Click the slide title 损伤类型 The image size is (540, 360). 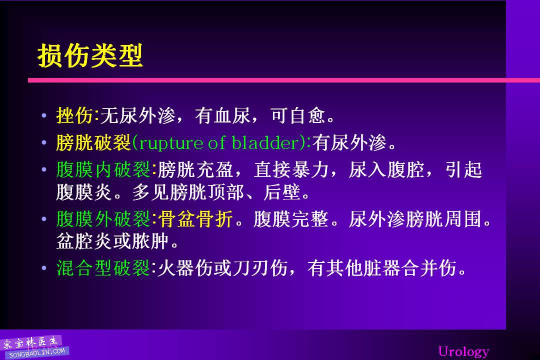click(x=90, y=55)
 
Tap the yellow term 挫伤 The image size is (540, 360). click(x=74, y=115)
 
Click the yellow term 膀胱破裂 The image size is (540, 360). click(x=93, y=143)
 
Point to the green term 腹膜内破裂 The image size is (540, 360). click(x=103, y=169)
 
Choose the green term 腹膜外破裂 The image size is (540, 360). click(x=103, y=219)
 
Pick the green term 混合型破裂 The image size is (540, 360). click(x=103, y=268)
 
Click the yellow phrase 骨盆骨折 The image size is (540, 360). click(x=195, y=219)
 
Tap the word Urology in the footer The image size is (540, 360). click(x=463, y=351)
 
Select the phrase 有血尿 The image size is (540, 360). click(x=222, y=115)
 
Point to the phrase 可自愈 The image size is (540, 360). click(x=298, y=115)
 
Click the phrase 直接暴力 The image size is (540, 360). click(x=291, y=169)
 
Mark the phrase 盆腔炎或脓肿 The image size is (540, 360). click(x=112, y=241)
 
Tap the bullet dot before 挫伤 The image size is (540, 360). click(x=43, y=116)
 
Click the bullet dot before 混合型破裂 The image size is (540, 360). click(x=43, y=268)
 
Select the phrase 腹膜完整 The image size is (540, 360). click(x=291, y=219)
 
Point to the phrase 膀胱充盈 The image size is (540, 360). click(x=195, y=169)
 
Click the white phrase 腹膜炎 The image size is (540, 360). click(x=84, y=192)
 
